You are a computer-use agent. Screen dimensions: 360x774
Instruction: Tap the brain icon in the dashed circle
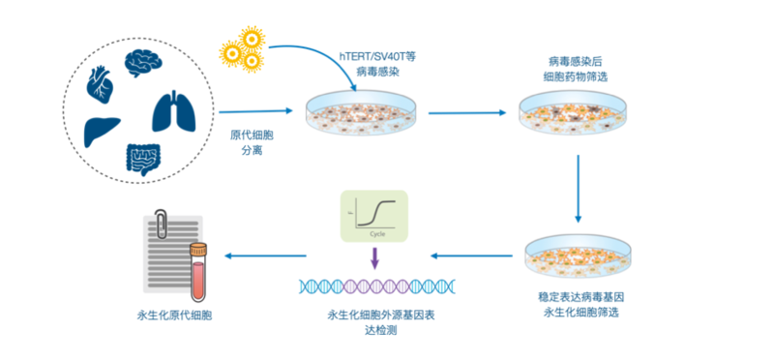(142, 62)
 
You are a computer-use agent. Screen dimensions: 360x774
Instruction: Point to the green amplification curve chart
(372, 216)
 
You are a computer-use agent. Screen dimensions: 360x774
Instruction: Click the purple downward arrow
(372, 258)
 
